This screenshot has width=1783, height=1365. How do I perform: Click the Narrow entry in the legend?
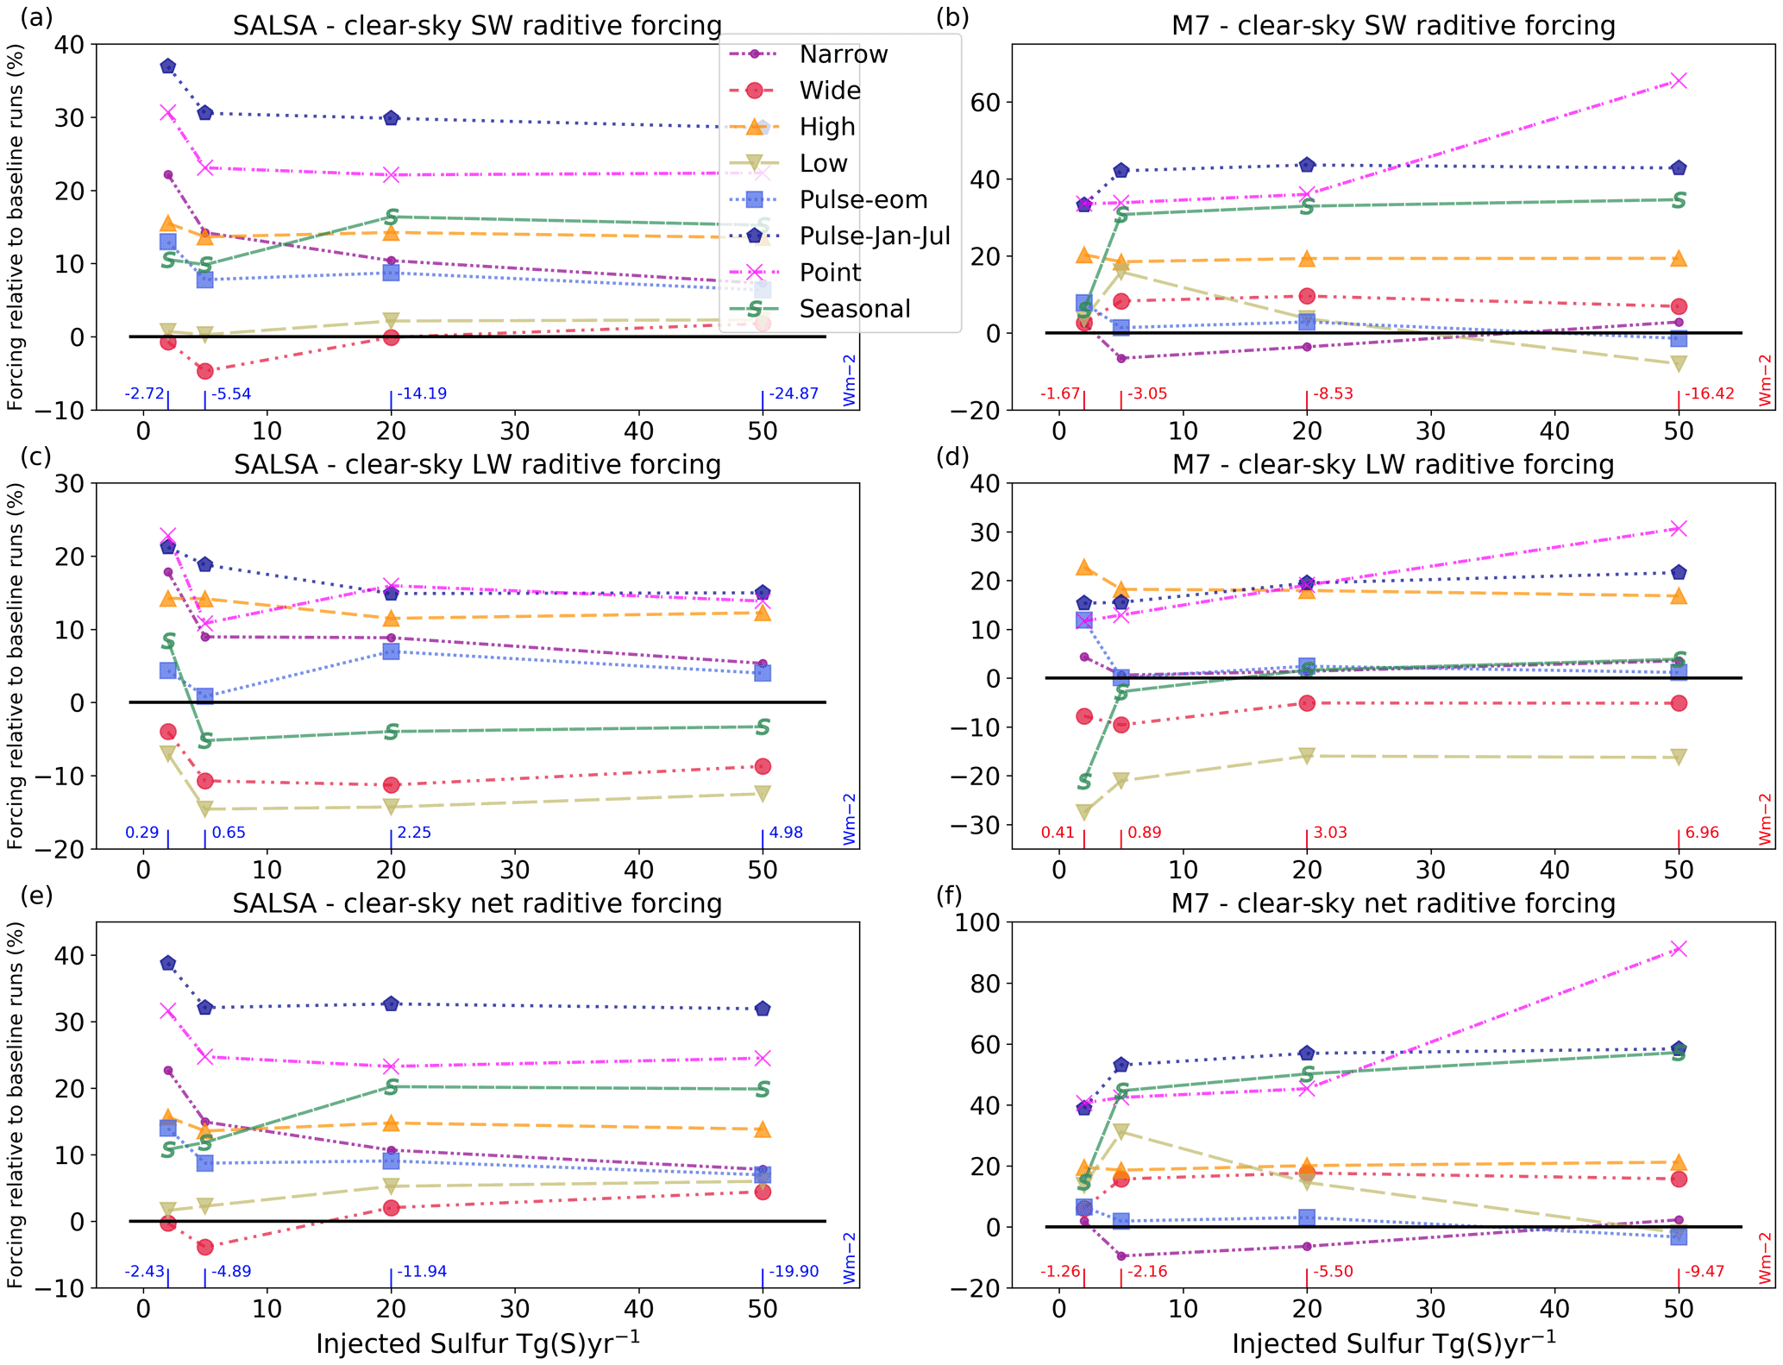(843, 54)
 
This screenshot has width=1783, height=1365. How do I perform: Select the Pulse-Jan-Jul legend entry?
(874, 236)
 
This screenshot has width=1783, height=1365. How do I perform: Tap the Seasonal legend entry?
(854, 309)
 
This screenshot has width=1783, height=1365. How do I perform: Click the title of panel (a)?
(477, 26)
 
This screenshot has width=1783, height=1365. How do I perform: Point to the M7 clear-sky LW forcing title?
(1392, 465)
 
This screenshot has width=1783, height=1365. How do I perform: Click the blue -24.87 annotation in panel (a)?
(794, 394)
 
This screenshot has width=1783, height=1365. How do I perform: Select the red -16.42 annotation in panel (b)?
(1710, 394)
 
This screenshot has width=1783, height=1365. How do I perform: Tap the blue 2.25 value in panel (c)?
(414, 833)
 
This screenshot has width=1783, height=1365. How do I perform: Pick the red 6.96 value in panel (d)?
(1702, 833)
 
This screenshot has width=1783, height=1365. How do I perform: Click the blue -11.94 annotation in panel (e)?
(422, 1272)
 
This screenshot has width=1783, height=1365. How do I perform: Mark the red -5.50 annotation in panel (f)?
(1333, 1272)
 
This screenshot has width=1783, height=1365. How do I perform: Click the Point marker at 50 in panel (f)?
(1678, 949)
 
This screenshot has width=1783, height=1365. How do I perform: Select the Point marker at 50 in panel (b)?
(1678, 81)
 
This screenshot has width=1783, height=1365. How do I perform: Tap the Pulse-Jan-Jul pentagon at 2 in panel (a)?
(168, 66)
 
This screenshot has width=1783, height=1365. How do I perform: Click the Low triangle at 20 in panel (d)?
(1307, 756)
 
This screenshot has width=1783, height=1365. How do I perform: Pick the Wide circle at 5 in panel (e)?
(205, 1247)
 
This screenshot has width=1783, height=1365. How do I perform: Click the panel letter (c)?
(36, 456)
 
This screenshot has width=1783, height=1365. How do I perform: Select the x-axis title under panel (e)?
(477, 1343)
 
